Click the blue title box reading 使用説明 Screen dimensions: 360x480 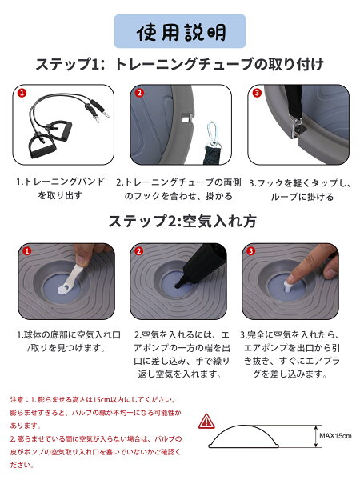click(180, 31)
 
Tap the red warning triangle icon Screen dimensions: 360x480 click(206, 422)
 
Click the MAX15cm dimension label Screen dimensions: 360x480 click(335, 436)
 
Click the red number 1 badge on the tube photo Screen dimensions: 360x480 click(22, 93)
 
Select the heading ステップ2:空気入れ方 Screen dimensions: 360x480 click(182, 221)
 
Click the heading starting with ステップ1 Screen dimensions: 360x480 click(180, 64)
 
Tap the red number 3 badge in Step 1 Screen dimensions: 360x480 click(257, 93)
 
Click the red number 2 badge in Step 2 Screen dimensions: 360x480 click(139, 251)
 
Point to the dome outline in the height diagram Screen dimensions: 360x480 click(243, 426)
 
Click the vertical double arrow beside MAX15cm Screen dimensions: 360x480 click(316, 436)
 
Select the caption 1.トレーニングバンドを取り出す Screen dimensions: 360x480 click(60, 188)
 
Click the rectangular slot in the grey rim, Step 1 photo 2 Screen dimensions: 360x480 click(186, 117)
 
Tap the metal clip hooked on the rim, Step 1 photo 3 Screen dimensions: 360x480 click(296, 129)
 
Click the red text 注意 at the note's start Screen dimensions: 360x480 click(17, 399)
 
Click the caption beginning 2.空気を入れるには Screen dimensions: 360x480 click(182, 354)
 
